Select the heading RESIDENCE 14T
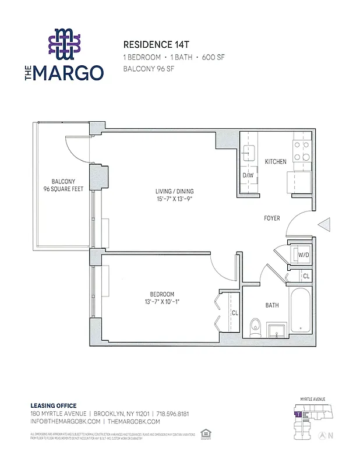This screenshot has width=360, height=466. (154, 44)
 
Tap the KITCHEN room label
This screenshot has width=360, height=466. (276, 161)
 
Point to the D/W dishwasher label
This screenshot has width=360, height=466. (248, 175)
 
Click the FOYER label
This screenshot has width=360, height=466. (271, 218)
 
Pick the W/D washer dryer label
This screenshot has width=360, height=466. (303, 255)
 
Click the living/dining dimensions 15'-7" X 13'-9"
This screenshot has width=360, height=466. (174, 200)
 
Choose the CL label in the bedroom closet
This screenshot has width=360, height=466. (234, 312)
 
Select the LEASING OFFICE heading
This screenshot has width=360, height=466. (53, 405)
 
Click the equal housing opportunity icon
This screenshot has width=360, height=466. (204, 433)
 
